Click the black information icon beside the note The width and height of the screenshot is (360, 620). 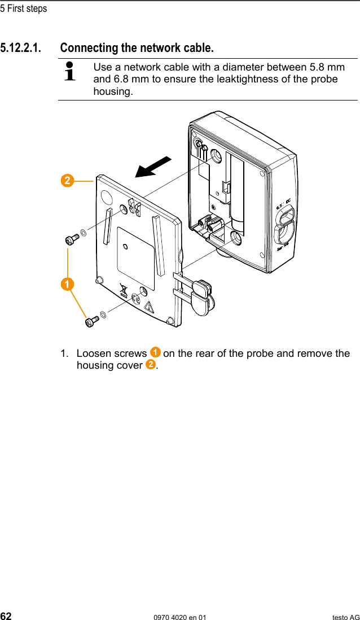click(x=70, y=72)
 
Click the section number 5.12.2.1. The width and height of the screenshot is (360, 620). click(x=20, y=47)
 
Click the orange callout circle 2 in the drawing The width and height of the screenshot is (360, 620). click(x=67, y=181)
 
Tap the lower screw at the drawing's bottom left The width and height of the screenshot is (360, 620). click(x=91, y=321)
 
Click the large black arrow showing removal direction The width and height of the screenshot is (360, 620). click(x=153, y=167)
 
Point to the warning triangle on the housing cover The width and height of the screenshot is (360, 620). click(x=149, y=307)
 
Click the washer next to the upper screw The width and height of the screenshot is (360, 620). click(x=84, y=232)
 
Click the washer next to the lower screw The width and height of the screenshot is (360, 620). click(x=103, y=314)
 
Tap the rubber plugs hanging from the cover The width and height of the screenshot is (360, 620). click(x=200, y=294)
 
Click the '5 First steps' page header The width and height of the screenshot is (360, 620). click(x=24, y=8)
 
